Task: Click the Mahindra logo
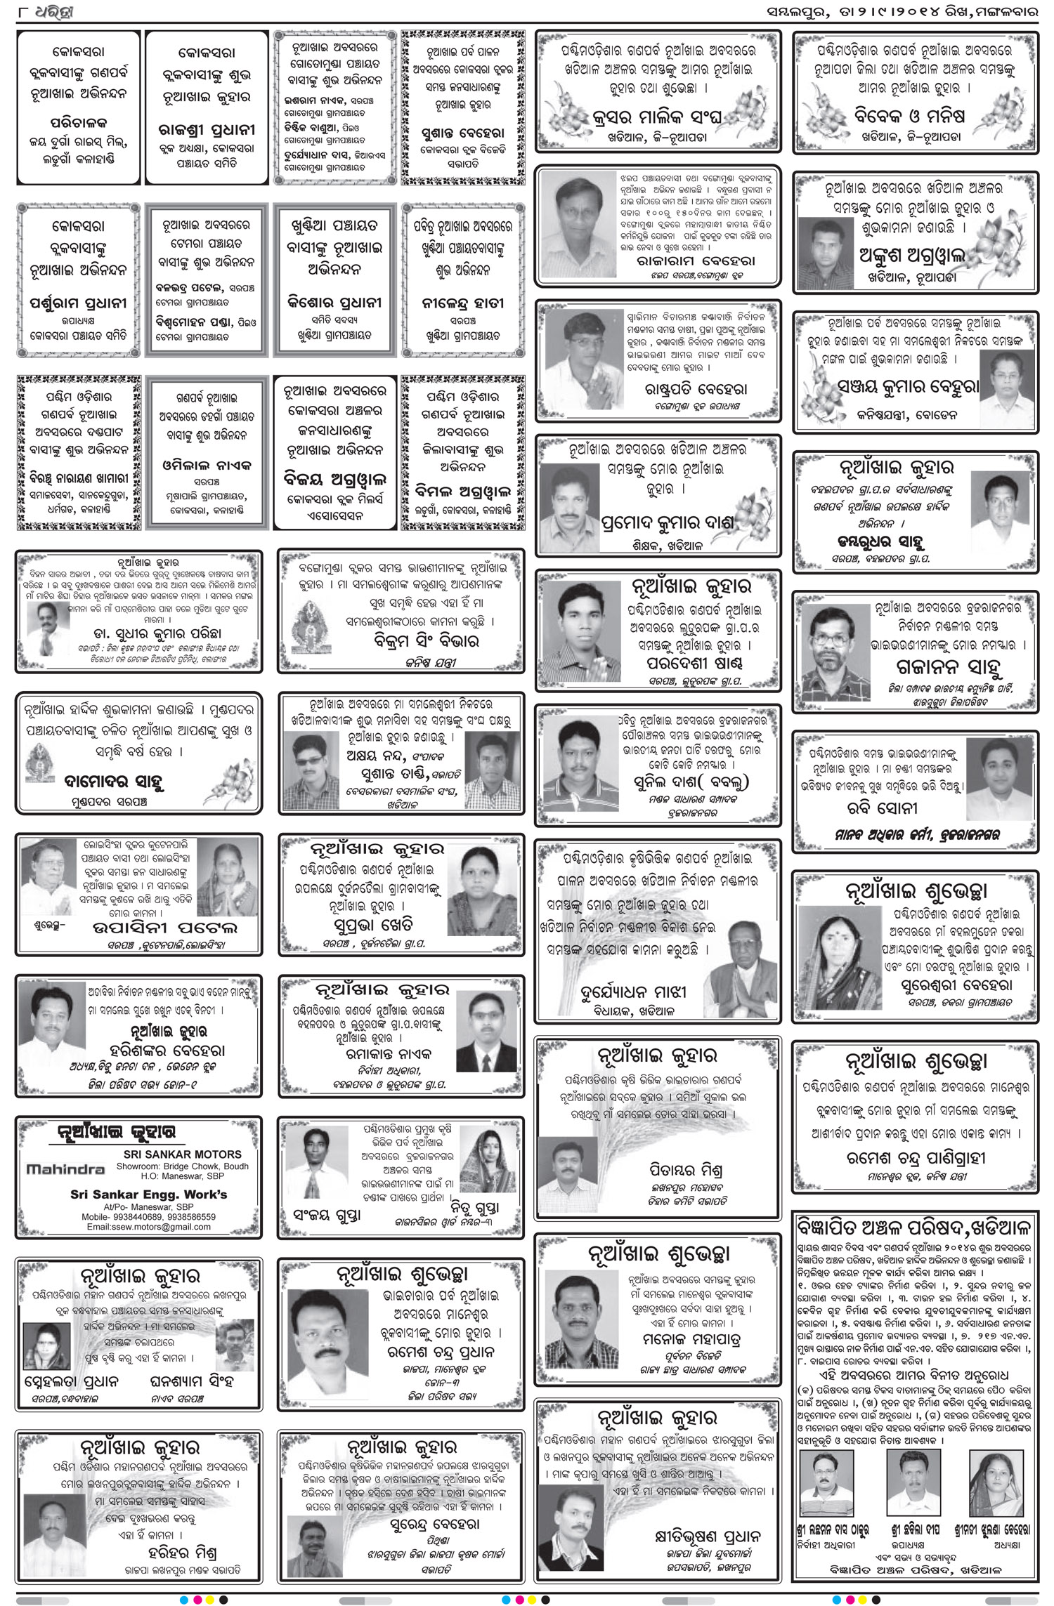(x=65, y=1169)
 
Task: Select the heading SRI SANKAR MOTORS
(x=182, y=1154)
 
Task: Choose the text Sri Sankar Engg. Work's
(x=148, y=1194)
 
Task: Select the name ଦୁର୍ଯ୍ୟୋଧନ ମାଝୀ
(x=633, y=992)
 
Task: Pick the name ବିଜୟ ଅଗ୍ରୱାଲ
(x=334, y=480)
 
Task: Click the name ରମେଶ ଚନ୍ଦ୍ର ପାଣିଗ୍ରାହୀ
(x=916, y=1158)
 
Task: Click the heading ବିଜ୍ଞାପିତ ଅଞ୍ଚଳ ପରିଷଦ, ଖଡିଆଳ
(x=913, y=1227)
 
